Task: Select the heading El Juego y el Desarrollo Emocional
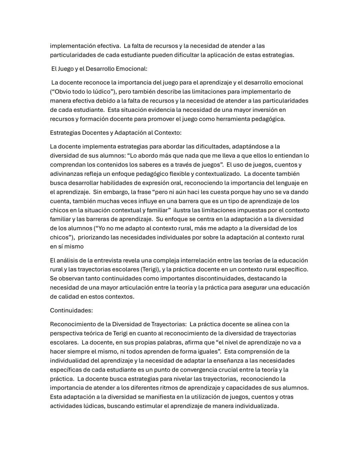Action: [99, 69]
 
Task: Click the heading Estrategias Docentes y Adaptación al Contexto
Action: [116, 132]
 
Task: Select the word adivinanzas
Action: [66, 174]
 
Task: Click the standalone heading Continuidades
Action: [71, 310]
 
